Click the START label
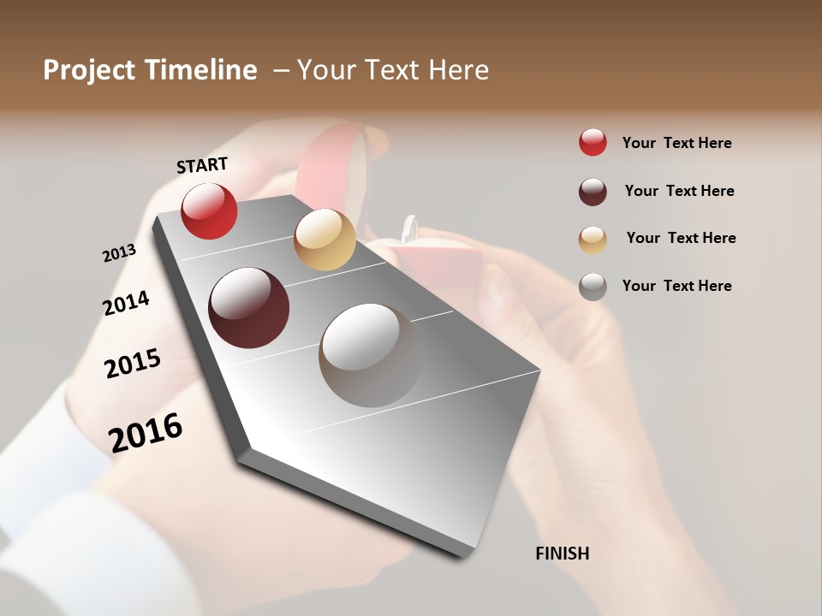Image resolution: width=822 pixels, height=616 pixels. pyautogui.click(x=203, y=164)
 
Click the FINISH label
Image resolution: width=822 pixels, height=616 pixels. pyautogui.click(x=563, y=554)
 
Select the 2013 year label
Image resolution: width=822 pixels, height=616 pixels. pyautogui.click(x=119, y=253)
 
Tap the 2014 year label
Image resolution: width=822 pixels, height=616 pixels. pyautogui.click(x=126, y=303)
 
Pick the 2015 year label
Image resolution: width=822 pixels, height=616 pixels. pyautogui.click(x=133, y=364)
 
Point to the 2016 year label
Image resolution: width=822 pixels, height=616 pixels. pyautogui.click(x=146, y=432)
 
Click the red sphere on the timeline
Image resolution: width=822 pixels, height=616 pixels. pyautogui.click(x=209, y=210)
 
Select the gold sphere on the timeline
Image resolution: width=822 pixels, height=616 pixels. pyautogui.click(x=325, y=240)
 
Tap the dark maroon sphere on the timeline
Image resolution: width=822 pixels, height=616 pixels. pyautogui.click(x=249, y=308)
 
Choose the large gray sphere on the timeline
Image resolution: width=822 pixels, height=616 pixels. pyautogui.click(x=370, y=355)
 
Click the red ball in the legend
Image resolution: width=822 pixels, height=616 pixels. pyautogui.click(x=593, y=142)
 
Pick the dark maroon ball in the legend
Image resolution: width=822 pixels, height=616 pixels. pyautogui.click(x=593, y=192)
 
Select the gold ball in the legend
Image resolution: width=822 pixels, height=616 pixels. pyautogui.click(x=593, y=239)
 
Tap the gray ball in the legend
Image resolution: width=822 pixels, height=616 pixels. pyautogui.click(x=593, y=287)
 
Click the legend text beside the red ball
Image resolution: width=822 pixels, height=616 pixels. pyautogui.click(x=676, y=143)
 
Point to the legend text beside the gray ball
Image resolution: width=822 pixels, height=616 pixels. pyautogui.click(x=676, y=286)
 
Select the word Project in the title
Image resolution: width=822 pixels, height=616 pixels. pyautogui.click(x=88, y=70)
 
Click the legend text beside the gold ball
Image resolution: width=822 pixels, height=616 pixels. pyautogui.click(x=681, y=238)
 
